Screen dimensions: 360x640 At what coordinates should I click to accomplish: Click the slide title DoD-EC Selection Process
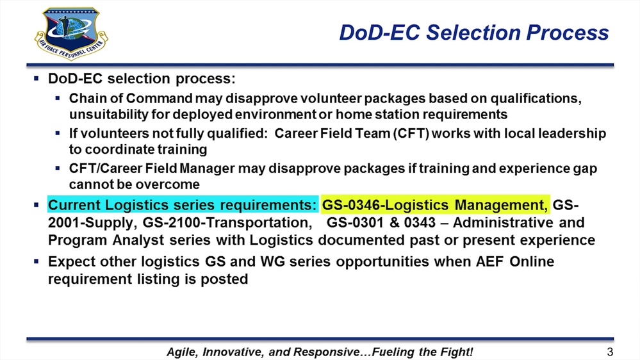point(473,32)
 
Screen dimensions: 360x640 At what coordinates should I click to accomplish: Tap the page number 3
point(609,351)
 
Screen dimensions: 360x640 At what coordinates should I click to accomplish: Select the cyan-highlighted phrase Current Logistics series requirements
point(183,206)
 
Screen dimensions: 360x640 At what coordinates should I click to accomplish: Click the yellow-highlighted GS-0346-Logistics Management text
point(436,206)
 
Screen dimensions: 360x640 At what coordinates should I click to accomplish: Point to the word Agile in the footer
point(181,352)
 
